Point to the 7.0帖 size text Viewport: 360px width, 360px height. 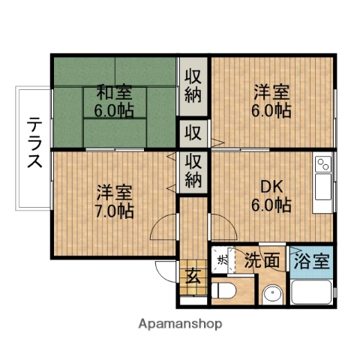[x=114, y=211]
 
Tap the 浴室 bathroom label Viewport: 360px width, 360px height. [x=310, y=262]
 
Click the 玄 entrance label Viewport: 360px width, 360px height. [x=193, y=276]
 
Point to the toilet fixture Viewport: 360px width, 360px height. [x=224, y=291]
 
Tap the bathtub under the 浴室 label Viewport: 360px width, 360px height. [x=311, y=292]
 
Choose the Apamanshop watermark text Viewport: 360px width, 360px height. [x=180, y=325]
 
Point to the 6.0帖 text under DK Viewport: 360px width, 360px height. [x=271, y=205]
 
